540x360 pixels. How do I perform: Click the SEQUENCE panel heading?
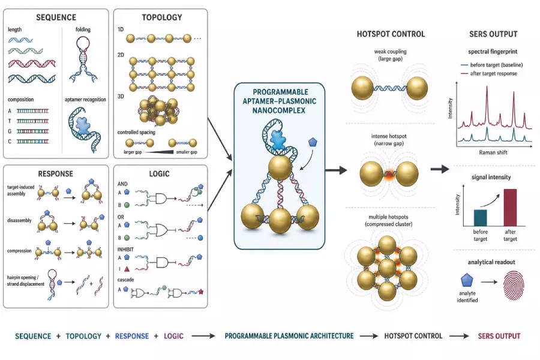(56, 17)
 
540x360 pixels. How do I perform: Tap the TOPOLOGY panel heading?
(162, 17)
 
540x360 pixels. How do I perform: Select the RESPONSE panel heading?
(55, 173)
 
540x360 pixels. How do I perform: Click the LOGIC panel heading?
(159, 173)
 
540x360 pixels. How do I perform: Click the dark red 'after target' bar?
(510, 208)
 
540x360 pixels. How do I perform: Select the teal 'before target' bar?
(481, 218)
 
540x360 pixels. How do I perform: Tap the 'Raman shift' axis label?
(493, 152)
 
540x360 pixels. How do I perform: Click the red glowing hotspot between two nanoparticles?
(389, 175)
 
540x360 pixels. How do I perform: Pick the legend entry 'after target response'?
(494, 73)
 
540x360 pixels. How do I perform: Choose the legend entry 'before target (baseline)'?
(496, 65)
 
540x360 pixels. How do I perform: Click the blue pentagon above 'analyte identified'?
(467, 280)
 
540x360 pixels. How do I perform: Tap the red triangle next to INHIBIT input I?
(127, 269)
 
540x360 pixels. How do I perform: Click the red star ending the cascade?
(201, 292)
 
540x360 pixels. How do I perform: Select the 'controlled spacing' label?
(136, 132)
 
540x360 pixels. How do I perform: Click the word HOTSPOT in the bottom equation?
(399, 336)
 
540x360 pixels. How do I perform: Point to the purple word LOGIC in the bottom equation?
(173, 336)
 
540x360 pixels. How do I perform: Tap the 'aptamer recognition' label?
(85, 100)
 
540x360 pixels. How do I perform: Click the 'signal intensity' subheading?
(491, 177)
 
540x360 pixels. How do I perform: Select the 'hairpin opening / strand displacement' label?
(26, 280)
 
